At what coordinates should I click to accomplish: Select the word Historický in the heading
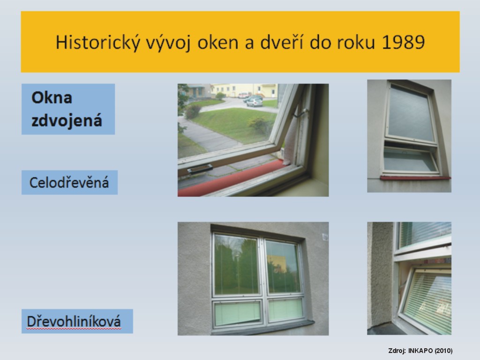pyautogui.click(x=97, y=43)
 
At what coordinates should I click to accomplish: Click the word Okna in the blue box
pyautogui.click(x=52, y=97)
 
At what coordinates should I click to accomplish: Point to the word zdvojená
pyautogui.click(x=67, y=121)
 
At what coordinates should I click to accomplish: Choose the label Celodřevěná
pyautogui.click(x=69, y=182)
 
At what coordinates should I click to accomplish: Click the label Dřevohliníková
pyautogui.click(x=74, y=322)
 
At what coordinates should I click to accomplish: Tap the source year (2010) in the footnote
pyautogui.click(x=443, y=351)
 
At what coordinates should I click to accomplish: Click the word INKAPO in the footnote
pyautogui.click(x=420, y=351)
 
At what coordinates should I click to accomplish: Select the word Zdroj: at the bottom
pyautogui.click(x=397, y=351)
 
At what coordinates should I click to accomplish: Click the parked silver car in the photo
pyautogui.click(x=255, y=103)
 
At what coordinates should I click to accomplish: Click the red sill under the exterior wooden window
pyautogui.click(x=415, y=178)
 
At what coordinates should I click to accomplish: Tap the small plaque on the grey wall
pyautogui.click(x=325, y=237)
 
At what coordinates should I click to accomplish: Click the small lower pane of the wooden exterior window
pyautogui.click(x=410, y=160)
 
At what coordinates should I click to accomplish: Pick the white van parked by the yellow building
pyautogui.click(x=243, y=95)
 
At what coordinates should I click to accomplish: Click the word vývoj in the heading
pyautogui.click(x=168, y=43)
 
